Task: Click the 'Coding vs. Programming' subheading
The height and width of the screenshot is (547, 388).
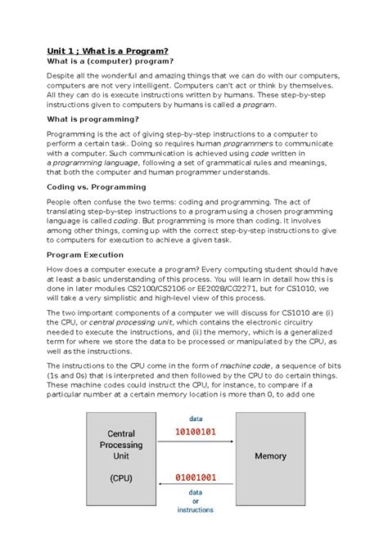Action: coord(96,186)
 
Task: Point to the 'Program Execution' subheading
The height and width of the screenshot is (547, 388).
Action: coord(85,253)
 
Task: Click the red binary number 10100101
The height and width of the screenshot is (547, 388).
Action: coord(195,431)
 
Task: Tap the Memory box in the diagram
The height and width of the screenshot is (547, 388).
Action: coord(270,455)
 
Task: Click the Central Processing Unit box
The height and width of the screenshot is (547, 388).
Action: coord(121,455)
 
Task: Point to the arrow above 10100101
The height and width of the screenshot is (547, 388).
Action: coord(195,444)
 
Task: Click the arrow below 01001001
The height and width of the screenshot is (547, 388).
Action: coord(195,485)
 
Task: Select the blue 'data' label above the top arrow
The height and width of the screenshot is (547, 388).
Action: coord(196,418)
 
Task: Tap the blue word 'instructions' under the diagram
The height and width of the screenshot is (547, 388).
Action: coord(196,509)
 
